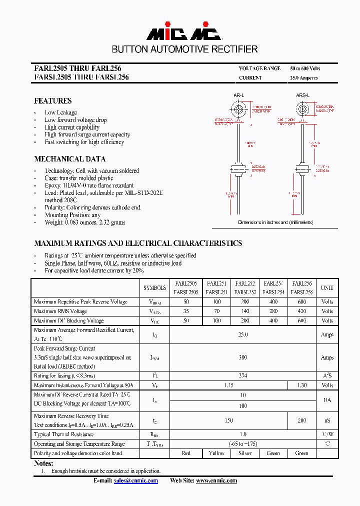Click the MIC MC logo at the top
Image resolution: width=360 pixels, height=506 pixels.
pos(183,33)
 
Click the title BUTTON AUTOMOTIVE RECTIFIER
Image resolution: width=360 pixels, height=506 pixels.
pos(184,49)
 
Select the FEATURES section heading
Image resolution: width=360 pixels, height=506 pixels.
pos(52,101)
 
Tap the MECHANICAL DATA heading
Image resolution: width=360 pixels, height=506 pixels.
pos(69,159)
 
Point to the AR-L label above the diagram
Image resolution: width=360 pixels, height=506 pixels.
pos(238,95)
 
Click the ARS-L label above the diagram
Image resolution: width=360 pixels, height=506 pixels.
pos(302,95)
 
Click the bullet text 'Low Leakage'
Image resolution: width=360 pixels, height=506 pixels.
pos(60,112)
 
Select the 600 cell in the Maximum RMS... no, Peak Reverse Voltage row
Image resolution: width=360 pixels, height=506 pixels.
pos(301,302)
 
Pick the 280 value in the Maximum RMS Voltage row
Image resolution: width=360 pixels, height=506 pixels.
pos(273,311)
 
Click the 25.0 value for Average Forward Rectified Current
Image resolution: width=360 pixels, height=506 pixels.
pos(243,334)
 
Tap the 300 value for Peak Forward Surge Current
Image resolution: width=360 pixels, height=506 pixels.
pos(243,357)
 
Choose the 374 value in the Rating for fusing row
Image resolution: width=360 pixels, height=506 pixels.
pos(243,375)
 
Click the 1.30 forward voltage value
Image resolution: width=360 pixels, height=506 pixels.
pos(301,385)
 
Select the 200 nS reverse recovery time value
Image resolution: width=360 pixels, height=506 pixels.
pos(301,420)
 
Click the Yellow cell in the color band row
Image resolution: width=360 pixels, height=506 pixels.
pos(216,453)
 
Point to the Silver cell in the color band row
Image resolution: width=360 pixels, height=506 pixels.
pos(245,453)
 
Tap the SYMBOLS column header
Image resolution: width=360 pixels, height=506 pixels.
pos(154,288)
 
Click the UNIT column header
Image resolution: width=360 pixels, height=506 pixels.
pos(327,288)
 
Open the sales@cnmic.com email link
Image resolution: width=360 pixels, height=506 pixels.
pos(135,480)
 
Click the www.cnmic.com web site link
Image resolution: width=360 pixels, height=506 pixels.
pos(216,480)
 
